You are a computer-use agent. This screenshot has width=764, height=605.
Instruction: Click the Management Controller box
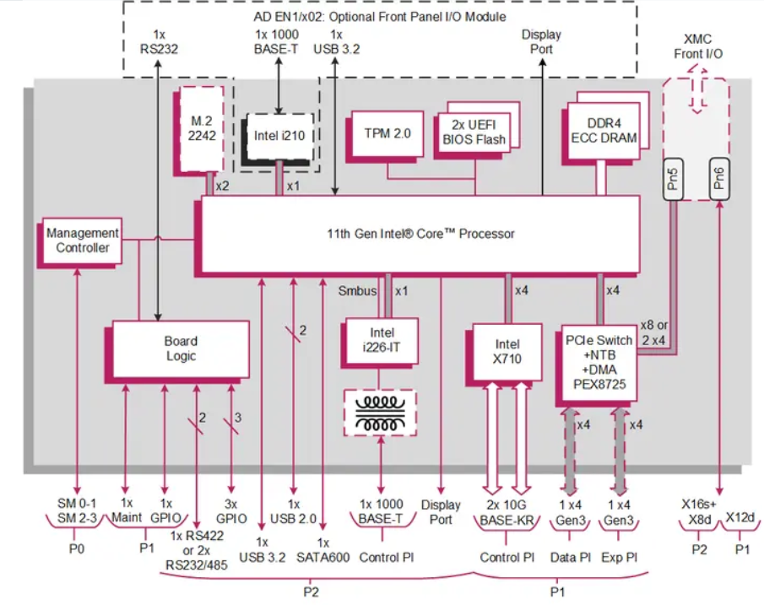pos(82,240)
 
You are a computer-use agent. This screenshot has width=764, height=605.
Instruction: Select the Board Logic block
pos(181,348)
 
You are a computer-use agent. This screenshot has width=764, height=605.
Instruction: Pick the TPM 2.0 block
pos(387,133)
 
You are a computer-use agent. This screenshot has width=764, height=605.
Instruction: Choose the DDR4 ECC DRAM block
pos(602,132)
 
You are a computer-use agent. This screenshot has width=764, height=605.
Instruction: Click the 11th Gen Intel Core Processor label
pos(420,234)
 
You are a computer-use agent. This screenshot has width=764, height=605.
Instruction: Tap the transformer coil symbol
pos(382,412)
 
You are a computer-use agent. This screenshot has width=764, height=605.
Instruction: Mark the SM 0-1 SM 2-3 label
pos(77,511)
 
